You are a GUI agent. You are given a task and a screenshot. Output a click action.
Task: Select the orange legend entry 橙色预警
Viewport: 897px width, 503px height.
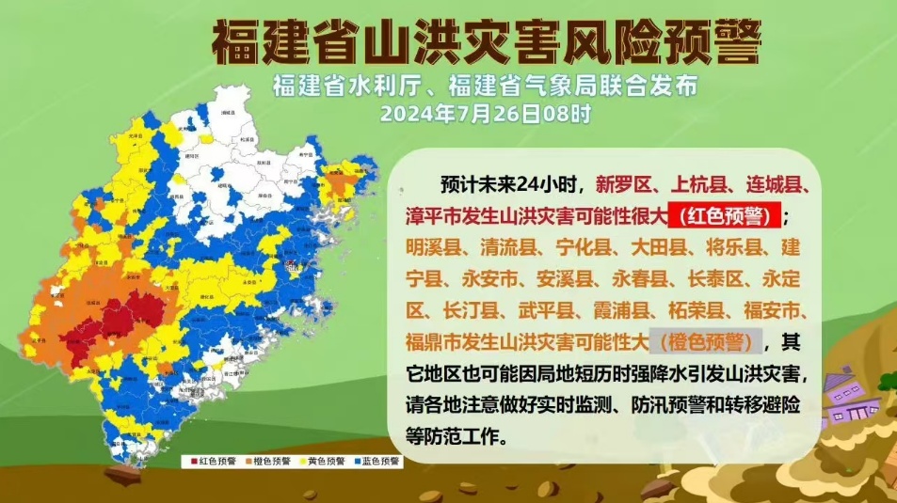(x=267, y=462)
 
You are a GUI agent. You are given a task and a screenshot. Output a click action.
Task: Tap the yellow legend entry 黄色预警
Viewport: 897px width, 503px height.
(x=322, y=462)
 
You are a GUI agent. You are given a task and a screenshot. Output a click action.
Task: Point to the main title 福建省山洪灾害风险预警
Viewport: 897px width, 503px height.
(x=486, y=41)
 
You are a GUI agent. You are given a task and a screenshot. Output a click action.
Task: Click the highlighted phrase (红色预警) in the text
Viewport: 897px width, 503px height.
(x=725, y=216)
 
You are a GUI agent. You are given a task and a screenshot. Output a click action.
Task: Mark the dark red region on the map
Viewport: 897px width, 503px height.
(x=132, y=315)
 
